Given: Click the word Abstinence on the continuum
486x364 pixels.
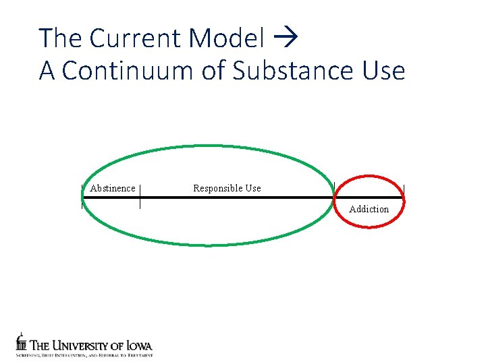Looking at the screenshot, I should click(x=113, y=188).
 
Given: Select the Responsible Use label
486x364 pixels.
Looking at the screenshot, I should click(x=227, y=188).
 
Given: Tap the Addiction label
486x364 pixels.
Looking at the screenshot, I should click(x=369, y=209).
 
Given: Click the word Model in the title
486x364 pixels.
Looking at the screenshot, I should click(x=227, y=38).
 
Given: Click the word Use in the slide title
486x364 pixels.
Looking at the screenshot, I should click(x=385, y=70).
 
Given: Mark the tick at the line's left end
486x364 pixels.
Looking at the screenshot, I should click(x=82, y=197).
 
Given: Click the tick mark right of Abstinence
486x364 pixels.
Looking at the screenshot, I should click(x=140, y=197).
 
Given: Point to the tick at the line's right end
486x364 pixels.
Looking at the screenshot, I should click(x=404, y=196).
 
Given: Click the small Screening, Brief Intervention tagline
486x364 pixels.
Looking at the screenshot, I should click(x=84, y=355).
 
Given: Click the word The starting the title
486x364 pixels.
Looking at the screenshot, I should click(x=59, y=38).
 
